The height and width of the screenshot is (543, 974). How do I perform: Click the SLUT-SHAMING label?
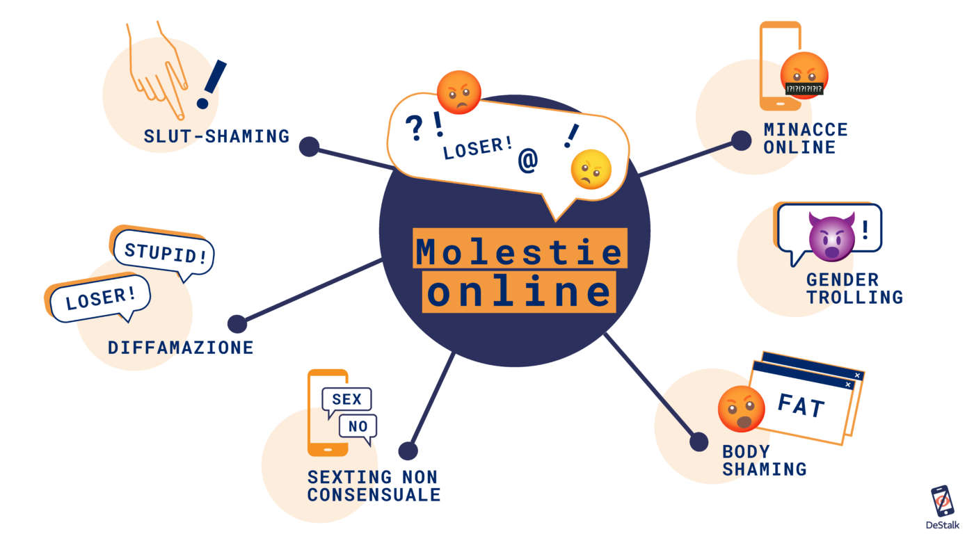(x=216, y=136)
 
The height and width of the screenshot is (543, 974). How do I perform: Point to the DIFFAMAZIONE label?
(x=181, y=348)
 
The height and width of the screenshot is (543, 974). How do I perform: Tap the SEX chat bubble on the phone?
(x=346, y=400)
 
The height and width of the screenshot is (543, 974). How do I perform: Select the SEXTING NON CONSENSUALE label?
(x=374, y=486)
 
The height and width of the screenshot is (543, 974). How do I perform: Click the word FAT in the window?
(x=801, y=405)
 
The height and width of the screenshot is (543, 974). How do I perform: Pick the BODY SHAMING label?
(x=764, y=460)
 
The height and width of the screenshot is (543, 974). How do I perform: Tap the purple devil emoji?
(x=831, y=234)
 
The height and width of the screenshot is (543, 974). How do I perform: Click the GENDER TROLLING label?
(x=854, y=289)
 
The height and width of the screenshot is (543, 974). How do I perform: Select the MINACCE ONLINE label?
(x=806, y=138)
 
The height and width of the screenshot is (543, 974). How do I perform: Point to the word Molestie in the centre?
(x=518, y=250)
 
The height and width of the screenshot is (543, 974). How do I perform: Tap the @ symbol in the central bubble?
(x=528, y=161)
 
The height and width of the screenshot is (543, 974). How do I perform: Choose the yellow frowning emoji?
(x=591, y=170)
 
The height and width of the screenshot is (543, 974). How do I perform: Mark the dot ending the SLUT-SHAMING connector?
(x=309, y=147)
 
